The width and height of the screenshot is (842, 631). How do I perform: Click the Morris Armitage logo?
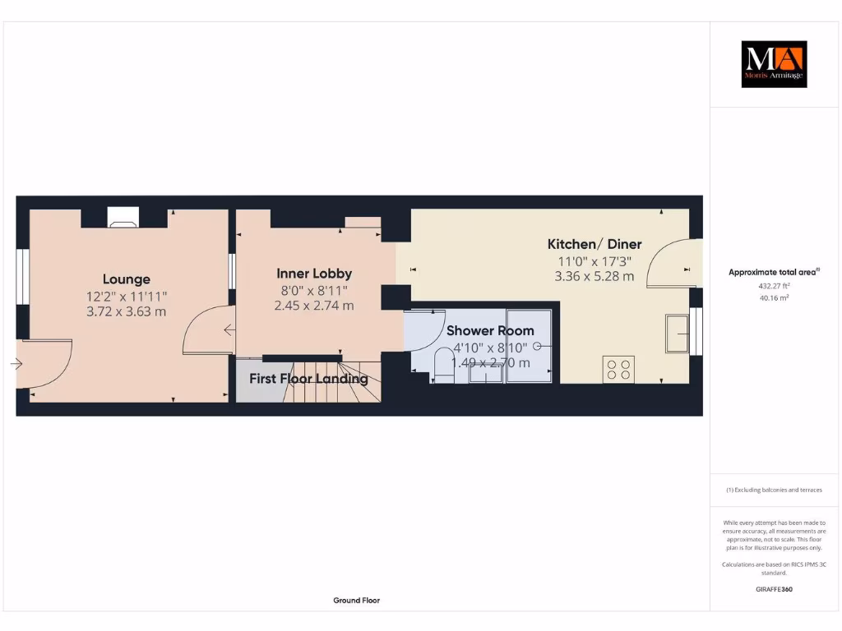[774, 64]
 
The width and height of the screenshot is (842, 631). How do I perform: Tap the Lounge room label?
[126, 279]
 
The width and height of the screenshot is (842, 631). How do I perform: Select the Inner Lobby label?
[314, 274]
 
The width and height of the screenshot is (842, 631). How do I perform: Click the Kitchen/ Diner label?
[594, 244]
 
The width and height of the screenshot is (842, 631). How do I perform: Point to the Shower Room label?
[490, 330]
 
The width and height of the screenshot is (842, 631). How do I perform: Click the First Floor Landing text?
[308, 379]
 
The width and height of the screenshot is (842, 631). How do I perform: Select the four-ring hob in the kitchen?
[618, 369]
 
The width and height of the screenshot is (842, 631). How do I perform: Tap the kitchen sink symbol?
[678, 333]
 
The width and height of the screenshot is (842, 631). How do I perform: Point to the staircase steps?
[329, 382]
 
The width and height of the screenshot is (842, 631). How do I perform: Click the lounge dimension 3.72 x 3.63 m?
[126, 311]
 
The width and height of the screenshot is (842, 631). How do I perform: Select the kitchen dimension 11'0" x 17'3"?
[594, 260]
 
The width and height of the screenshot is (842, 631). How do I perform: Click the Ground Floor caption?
[356, 601]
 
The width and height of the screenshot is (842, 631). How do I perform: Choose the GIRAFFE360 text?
[774, 589]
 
